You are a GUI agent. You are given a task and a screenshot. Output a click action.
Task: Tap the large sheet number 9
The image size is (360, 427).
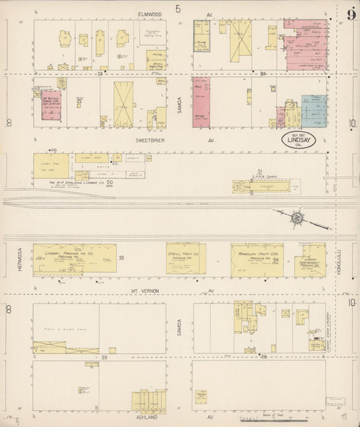(x=351, y=15)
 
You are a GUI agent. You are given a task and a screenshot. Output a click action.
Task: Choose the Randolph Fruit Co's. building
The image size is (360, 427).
(x=257, y=260)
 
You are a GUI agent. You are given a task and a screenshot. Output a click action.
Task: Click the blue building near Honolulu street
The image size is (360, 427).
(x=314, y=111)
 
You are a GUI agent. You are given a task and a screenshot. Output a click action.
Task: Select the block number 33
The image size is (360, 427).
(x=121, y=258)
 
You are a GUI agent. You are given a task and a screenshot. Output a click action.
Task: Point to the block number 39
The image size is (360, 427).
(x=105, y=356)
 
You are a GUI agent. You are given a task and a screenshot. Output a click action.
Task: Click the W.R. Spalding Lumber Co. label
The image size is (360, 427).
(x=68, y=182)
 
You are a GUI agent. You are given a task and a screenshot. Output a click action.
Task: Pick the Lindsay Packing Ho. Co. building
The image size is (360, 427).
(x=74, y=258)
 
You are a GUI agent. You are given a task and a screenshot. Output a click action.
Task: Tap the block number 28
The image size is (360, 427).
(x=100, y=72)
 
